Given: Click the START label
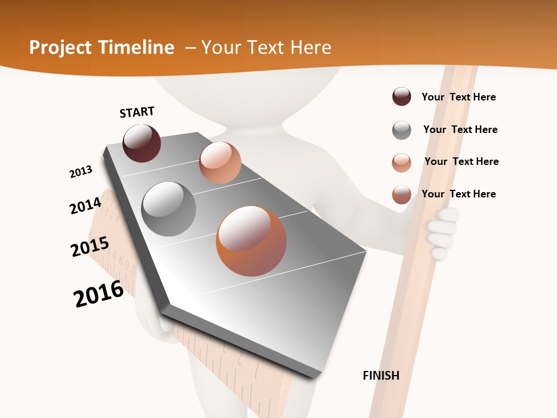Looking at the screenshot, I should tap(137, 112).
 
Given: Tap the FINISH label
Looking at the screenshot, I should tap(381, 376).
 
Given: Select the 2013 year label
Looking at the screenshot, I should tap(81, 172).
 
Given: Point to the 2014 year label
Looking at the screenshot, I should tap(86, 206).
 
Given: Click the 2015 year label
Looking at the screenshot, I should tap(90, 246).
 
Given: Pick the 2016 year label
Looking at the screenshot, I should tap(99, 294).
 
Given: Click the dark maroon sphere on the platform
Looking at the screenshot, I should tap(142, 143).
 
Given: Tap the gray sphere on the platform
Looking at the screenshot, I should tap(169, 209).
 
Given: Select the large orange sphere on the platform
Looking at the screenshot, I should tap(251, 241).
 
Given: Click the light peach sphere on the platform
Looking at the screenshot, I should tap(220, 163).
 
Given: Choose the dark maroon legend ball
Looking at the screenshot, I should tap(402, 96).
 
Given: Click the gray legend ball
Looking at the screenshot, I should tap(402, 130).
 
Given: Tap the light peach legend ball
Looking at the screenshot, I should tap(402, 163).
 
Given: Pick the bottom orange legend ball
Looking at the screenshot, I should tap(402, 194).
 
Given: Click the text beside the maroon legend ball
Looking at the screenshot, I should tap(458, 97).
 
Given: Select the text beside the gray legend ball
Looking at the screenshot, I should tap(460, 129).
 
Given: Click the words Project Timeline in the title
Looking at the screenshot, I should tap(102, 48).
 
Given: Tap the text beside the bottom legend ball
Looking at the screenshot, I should tap(458, 194).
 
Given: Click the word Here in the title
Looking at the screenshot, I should tap(310, 48).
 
